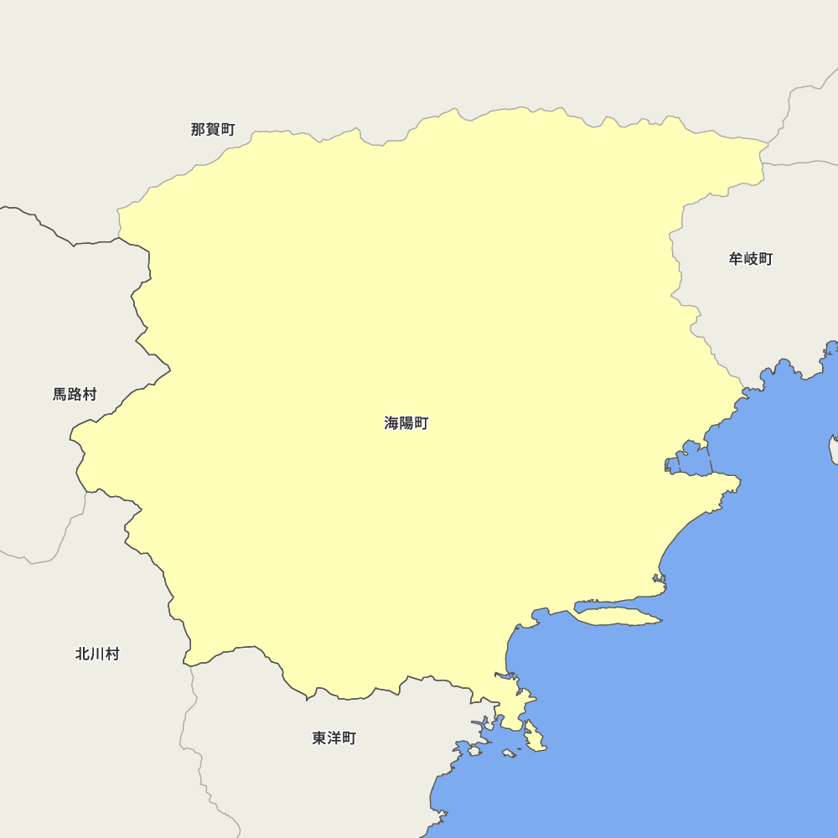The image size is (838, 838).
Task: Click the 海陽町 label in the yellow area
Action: pyautogui.click(x=406, y=423)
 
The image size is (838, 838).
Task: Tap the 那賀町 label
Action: pyautogui.click(x=213, y=129)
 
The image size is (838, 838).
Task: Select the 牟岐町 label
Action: pyautogui.click(x=751, y=259)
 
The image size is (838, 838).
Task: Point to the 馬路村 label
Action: pyautogui.click(x=75, y=394)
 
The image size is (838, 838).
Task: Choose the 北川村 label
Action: pyautogui.click(x=97, y=654)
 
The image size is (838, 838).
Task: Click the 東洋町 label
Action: pyautogui.click(x=334, y=738)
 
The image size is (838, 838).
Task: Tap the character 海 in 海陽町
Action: pyautogui.click(x=392, y=423)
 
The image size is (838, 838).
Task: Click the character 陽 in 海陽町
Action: pyautogui.click(x=406, y=423)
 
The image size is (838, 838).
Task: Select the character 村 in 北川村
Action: pyautogui.click(x=111, y=654)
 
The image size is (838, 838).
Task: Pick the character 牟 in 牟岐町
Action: pyautogui.click(x=737, y=259)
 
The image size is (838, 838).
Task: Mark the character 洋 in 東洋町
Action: pyautogui.click(x=334, y=738)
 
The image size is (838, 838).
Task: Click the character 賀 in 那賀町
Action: pyautogui.click(x=213, y=129)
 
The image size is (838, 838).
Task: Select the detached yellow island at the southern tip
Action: pyautogui.click(x=534, y=738)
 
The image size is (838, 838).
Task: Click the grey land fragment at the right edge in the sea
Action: pyautogui.click(x=834, y=448)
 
